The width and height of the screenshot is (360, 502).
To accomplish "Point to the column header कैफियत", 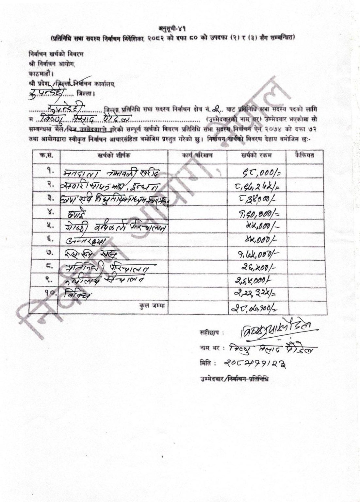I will point(304,155).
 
